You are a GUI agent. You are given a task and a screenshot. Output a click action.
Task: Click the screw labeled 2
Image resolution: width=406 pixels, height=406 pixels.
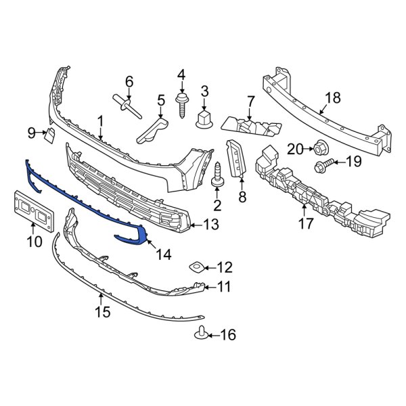pyautogui.click(x=219, y=177)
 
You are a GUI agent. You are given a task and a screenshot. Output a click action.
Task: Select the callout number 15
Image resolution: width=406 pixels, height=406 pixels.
pyautogui.click(x=101, y=313)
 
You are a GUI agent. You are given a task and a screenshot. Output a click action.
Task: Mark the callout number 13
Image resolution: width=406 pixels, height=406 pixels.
pyautogui.click(x=212, y=225)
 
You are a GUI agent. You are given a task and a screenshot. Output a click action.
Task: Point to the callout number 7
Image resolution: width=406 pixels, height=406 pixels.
pyautogui.click(x=250, y=101)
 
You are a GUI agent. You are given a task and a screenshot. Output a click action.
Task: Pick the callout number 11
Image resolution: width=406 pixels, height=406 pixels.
pyautogui.click(x=224, y=288)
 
